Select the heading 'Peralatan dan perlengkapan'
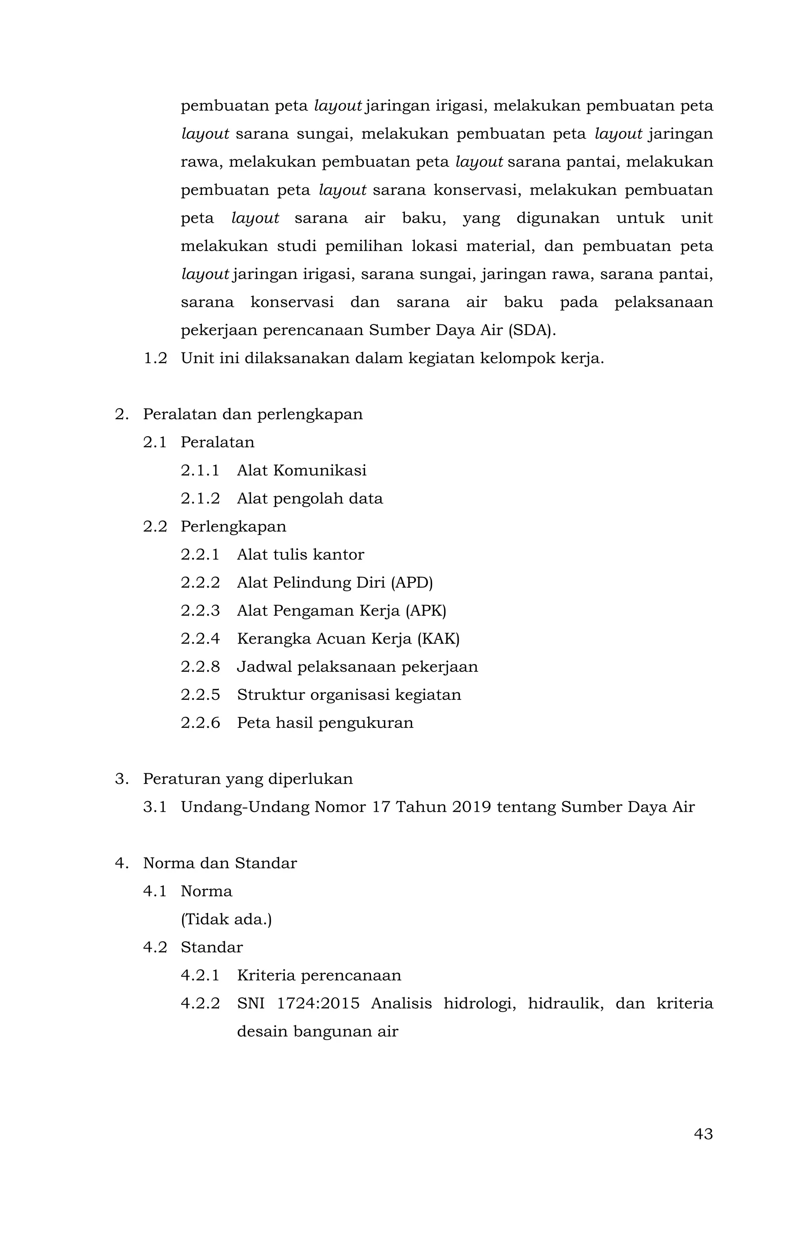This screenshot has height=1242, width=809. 252,415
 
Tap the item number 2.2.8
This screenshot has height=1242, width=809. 200,667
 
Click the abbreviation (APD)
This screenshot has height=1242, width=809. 412,582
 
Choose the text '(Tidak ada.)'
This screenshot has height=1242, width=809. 226,920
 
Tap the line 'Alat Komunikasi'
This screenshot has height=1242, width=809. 301,471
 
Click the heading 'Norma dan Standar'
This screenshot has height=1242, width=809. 220,863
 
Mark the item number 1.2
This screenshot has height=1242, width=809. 155,358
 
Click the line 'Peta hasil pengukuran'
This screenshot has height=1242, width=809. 325,723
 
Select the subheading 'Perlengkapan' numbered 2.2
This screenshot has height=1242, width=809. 233,526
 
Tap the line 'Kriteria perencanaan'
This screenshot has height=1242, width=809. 319,975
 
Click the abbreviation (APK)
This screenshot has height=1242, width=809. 425,611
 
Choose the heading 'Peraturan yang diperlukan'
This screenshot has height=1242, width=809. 248,779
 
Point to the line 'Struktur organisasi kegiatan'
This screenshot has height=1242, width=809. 349,695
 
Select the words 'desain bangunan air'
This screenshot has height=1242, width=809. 317,1032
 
